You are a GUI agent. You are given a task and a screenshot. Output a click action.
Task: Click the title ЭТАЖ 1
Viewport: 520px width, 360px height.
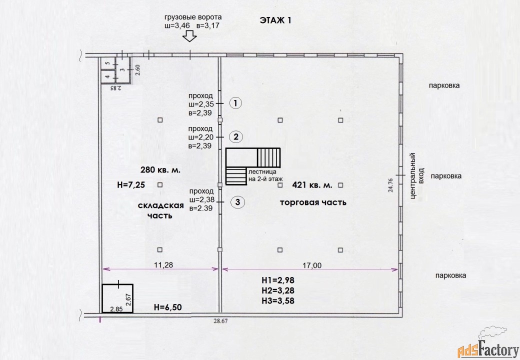[275, 20]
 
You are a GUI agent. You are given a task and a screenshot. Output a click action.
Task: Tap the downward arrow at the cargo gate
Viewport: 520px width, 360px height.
[190, 36]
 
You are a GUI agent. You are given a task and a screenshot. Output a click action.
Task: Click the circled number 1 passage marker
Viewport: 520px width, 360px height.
[235, 103]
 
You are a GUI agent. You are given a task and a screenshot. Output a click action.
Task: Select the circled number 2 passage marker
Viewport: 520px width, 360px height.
[236, 136]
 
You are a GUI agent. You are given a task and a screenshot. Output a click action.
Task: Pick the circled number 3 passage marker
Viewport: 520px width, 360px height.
[238, 202]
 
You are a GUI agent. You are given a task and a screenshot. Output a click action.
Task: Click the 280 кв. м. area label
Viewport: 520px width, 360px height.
[160, 170]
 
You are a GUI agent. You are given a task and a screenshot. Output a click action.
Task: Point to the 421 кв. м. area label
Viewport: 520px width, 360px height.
[312, 185]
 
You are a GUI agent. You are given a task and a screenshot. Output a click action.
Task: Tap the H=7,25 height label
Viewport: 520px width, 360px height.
[131, 185]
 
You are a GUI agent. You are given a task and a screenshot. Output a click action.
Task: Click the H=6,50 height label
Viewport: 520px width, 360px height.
[168, 307]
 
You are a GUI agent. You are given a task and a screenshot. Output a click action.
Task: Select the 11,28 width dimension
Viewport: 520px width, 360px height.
[163, 265]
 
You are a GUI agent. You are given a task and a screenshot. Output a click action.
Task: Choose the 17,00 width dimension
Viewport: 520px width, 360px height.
[312, 265]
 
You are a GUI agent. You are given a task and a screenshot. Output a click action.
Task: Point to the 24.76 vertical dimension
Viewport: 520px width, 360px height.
[390, 185]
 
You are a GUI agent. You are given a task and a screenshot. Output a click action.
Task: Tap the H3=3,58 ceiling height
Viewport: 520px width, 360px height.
[278, 300]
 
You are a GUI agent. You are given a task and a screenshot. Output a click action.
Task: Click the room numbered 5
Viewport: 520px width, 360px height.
[107, 63]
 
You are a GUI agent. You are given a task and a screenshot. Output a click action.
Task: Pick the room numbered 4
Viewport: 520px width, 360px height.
[107, 76]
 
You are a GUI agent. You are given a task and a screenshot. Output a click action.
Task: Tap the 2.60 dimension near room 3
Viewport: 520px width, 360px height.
[137, 69]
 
